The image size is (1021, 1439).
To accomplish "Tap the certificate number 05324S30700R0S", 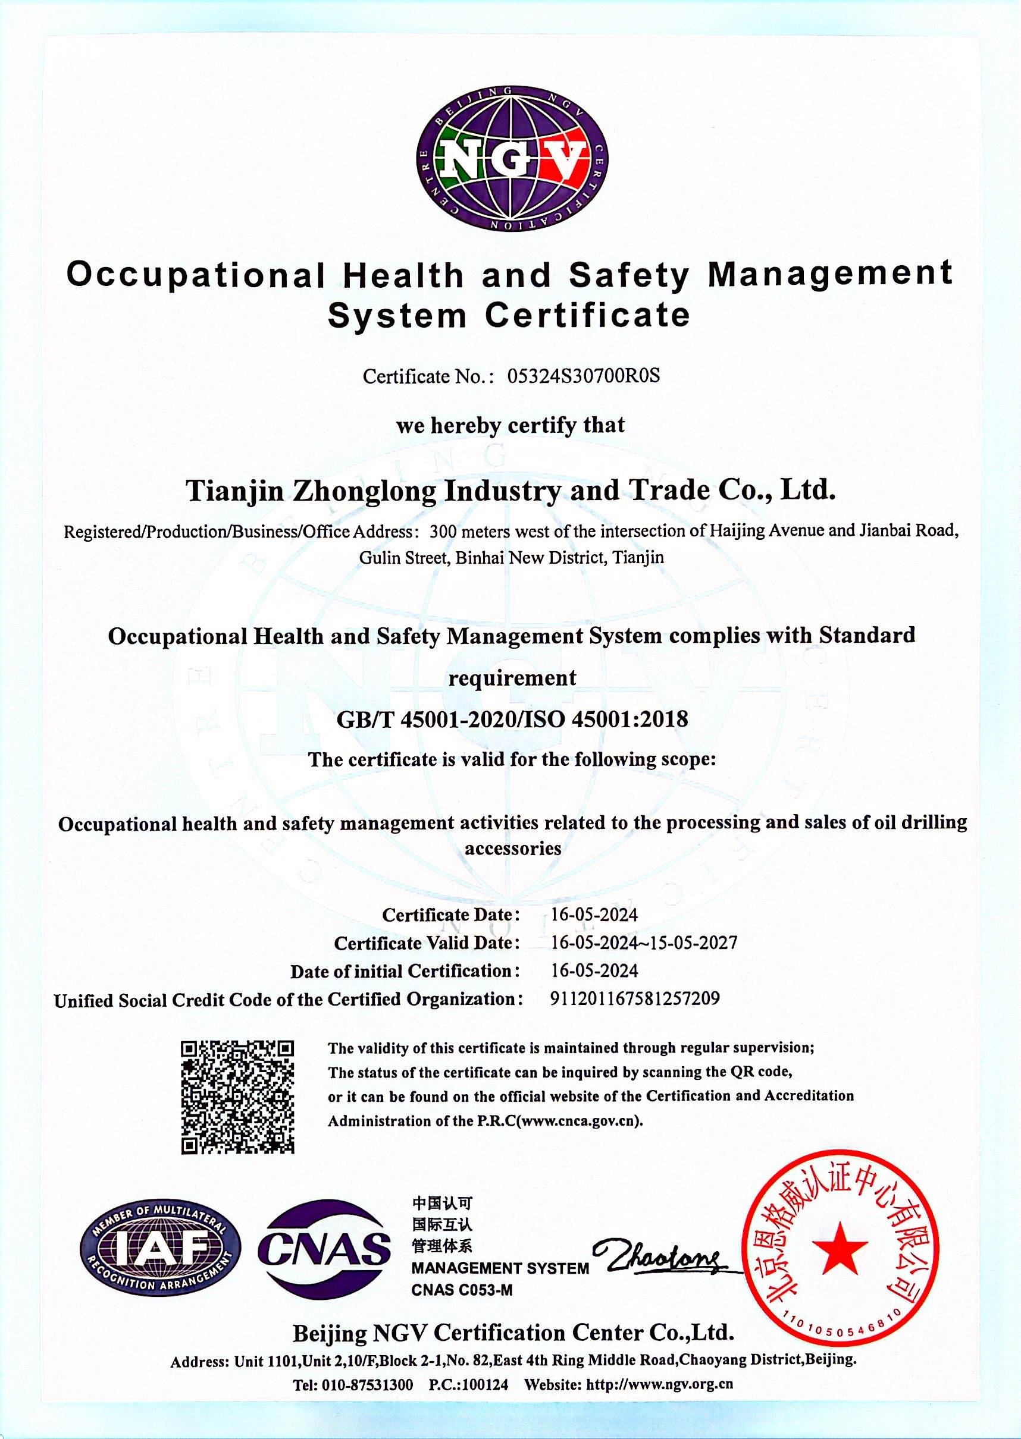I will (x=584, y=376).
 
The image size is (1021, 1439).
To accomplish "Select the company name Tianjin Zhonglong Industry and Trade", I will (x=510, y=491).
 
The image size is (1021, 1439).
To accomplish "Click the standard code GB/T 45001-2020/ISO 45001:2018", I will (x=512, y=718).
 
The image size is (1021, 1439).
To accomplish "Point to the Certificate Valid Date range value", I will (x=644, y=942).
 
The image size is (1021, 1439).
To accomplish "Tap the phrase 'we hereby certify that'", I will (x=510, y=425).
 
